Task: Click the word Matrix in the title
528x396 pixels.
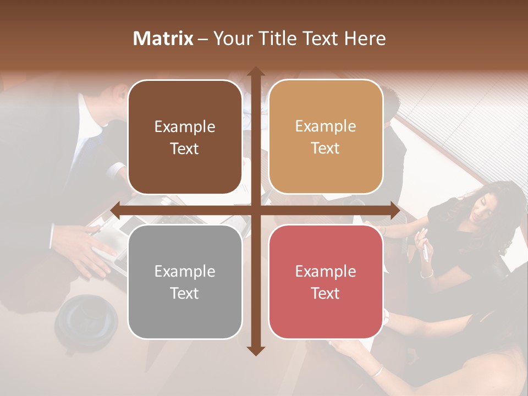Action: (163, 38)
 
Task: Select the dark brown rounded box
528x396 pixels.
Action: (185, 137)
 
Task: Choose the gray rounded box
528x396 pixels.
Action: (185, 282)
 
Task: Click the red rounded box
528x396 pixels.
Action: (326, 282)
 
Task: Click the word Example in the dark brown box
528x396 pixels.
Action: (185, 127)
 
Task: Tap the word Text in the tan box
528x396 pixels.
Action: (326, 148)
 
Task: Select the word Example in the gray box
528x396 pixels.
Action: (185, 272)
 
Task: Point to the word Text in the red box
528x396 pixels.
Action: (326, 294)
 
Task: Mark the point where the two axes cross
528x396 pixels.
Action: (255, 210)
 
